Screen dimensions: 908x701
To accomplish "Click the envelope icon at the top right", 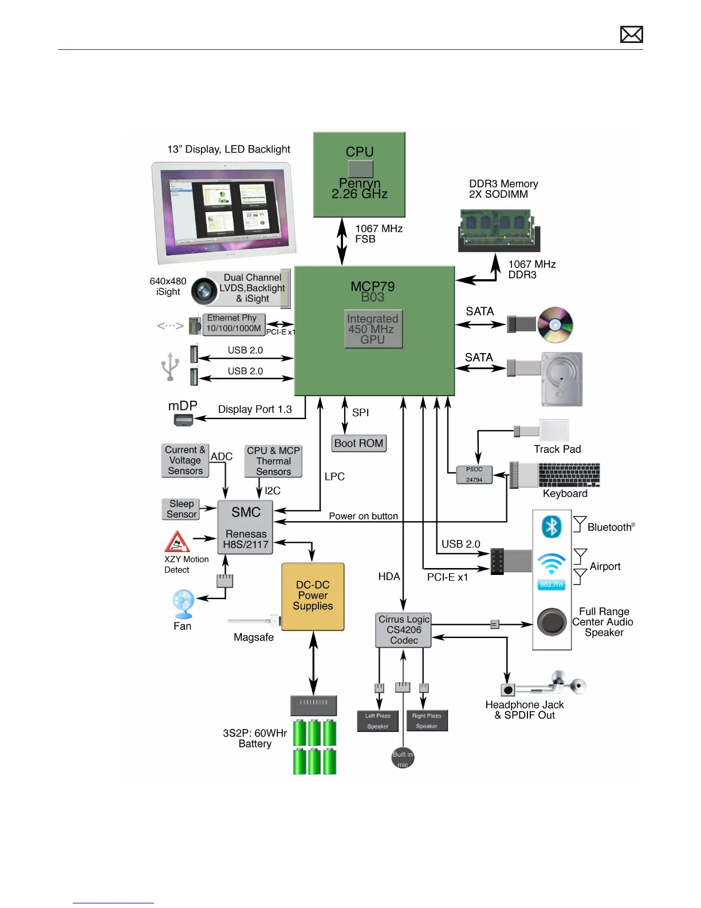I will point(631,34).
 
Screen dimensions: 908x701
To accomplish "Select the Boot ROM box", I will point(359,443).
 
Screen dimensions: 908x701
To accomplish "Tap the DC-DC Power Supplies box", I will point(313,596).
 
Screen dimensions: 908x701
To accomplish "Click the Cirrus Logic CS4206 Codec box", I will point(404,630).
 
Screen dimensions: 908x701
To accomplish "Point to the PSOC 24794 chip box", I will point(474,475).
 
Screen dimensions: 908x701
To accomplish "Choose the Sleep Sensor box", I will point(181,509).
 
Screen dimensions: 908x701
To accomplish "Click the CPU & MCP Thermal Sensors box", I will point(273,461).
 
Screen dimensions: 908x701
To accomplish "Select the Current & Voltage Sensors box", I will point(185,460).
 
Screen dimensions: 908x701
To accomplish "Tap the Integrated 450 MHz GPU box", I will point(373,329).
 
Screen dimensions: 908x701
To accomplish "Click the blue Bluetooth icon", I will point(552,526).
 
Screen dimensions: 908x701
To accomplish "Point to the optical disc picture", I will point(555,324).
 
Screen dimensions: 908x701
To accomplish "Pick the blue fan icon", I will point(183,603).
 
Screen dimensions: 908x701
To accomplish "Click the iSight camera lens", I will point(203,291).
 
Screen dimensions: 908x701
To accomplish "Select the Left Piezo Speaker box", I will point(378,721).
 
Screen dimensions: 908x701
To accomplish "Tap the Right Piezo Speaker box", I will point(427,721).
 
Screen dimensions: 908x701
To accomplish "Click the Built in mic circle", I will point(403,758).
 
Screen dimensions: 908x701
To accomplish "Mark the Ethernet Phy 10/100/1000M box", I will point(234,323).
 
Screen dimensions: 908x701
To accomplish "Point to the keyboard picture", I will point(569,475).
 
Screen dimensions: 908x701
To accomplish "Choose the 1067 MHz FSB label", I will point(379,234).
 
